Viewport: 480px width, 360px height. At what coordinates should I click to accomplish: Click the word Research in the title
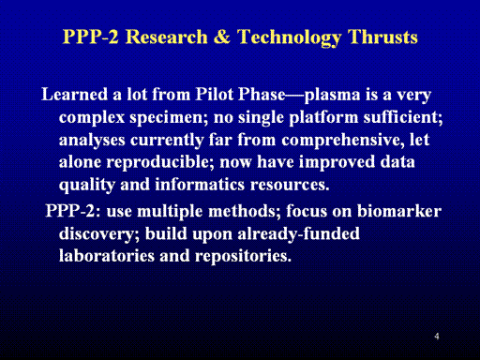tap(167, 37)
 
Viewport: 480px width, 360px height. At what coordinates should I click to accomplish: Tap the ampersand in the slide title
tap(222, 37)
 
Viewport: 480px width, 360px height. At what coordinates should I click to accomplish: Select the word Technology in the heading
tap(289, 38)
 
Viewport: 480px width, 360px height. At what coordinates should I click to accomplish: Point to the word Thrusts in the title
tap(382, 37)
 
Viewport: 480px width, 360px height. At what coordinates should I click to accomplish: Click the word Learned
tap(74, 94)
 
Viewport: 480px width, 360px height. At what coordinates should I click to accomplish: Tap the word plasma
tap(332, 95)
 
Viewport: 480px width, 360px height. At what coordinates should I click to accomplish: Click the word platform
tap(323, 118)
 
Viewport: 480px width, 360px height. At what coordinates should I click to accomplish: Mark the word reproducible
tap(160, 163)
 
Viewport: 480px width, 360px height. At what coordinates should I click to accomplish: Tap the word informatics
tap(200, 184)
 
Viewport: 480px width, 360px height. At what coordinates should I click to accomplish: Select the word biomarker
tap(399, 211)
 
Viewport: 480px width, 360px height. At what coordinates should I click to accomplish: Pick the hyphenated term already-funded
tap(298, 234)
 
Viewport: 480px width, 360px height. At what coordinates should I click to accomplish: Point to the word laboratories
tap(107, 256)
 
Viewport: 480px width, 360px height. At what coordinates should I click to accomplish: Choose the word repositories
tap(243, 257)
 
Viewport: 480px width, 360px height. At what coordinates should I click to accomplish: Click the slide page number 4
tap(437, 337)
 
